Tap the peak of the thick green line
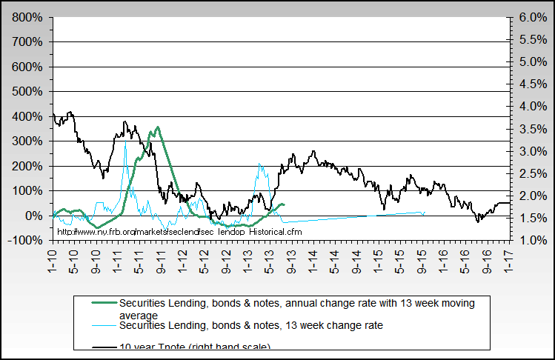pyautogui.click(x=157, y=127)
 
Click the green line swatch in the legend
pyautogui.click(x=102, y=303)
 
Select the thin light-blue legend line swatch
pyautogui.click(x=102, y=325)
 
